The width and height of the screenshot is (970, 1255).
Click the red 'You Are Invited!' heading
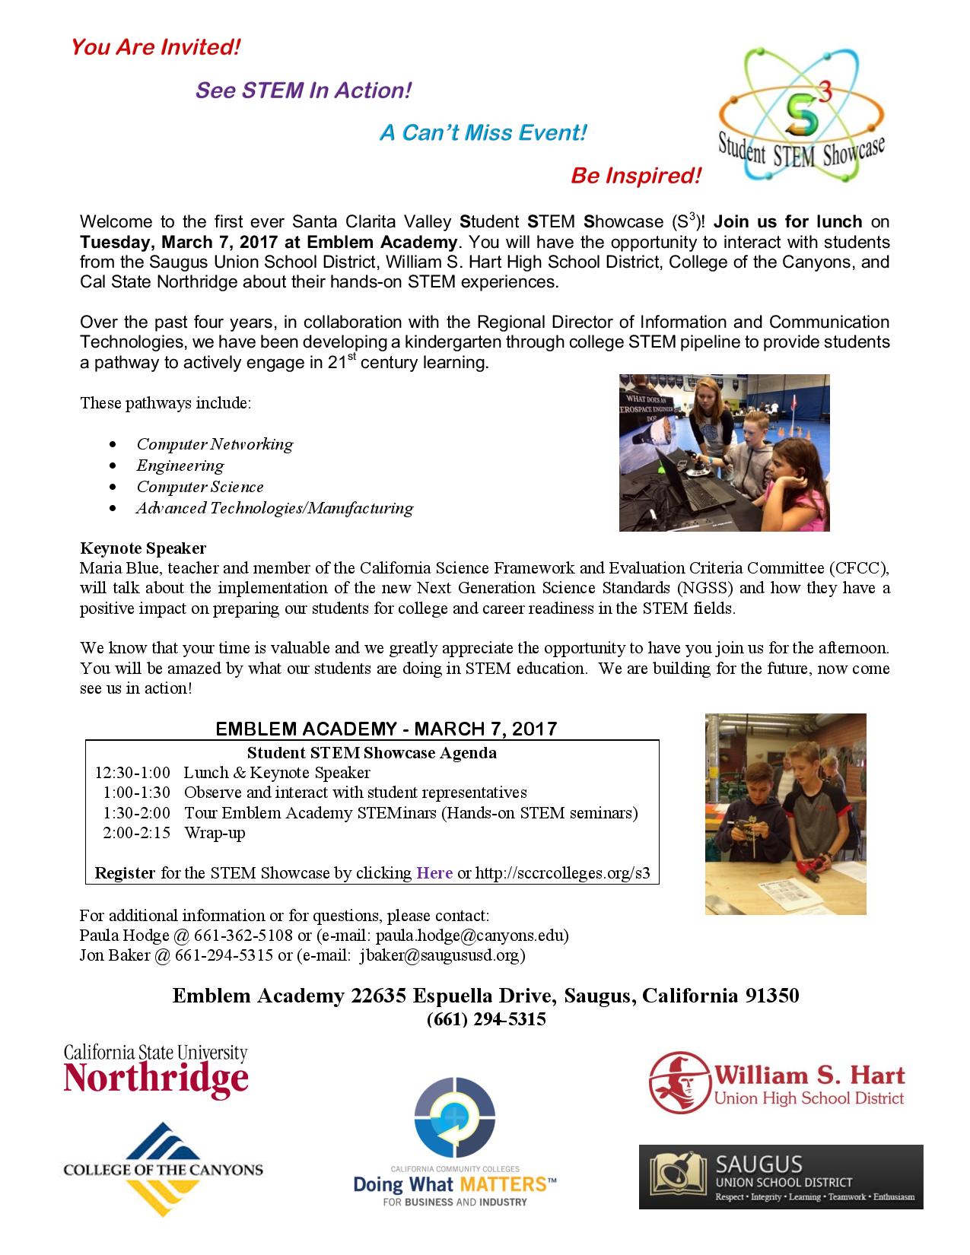pyautogui.click(x=155, y=48)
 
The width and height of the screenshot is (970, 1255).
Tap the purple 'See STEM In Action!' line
pyautogui.click(x=304, y=91)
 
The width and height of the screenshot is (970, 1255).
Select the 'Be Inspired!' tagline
pyautogui.click(x=635, y=176)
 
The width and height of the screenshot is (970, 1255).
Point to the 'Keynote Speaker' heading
pyautogui.click(x=143, y=548)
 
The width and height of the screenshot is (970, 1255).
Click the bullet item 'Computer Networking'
pyautogui.click(x=215, y=444)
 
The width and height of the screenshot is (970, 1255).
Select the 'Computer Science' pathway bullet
pyautogui.click(x=200, y=487)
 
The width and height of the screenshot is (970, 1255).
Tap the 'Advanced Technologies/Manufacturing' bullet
pyautogui.click(x=275, y=508)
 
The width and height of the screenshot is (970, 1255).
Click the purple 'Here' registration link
pyautogui.click(x=434, y=872)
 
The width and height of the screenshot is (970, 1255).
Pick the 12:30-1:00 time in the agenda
pyautogui.click(x=132, y=773)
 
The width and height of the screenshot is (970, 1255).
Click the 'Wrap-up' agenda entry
pyautogui.click(x=215, y=833)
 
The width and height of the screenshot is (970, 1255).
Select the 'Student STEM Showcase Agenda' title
pyautogui.click(x=372, y=753)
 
